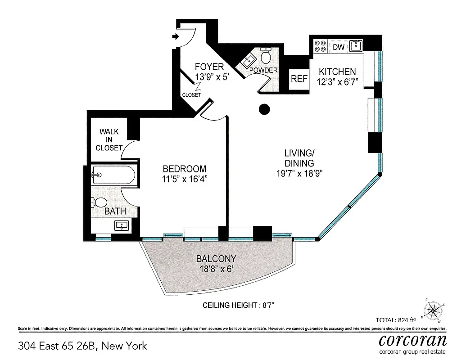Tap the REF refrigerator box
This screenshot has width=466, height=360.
tap(299, 79)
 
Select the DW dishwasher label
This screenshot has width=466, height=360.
tap(339, 47)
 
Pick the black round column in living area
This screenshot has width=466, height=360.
tap(264, 109)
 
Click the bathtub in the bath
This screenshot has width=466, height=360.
tap(113, 175)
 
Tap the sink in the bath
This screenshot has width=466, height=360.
tap(120, 226)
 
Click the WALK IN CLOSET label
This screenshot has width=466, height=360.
tap(109, 139)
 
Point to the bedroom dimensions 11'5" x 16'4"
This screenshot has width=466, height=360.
tap(185, 179)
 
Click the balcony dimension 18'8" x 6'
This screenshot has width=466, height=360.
tap(216, 270)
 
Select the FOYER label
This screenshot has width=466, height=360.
tap(209, 67)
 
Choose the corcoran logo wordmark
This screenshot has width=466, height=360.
tap(412, 340)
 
